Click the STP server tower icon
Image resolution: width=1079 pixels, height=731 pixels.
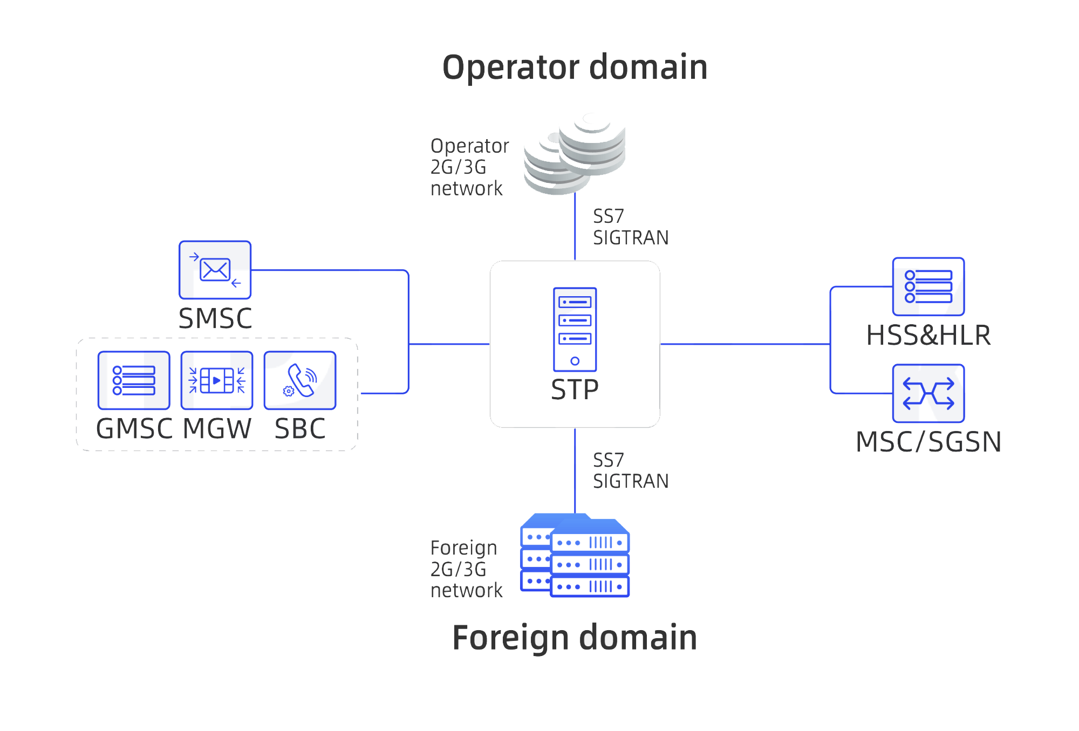tap(575, 329)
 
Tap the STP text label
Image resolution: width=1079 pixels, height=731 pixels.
tap(575, 390)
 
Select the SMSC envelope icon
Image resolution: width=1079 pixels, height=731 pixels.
tap(215, 270)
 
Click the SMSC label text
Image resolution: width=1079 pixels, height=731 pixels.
tap(215, 318)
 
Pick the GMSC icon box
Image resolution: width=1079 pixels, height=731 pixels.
tap(134, 380)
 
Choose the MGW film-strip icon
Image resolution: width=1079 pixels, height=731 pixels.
tap(217, 380)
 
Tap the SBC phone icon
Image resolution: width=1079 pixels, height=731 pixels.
tap(300, 380)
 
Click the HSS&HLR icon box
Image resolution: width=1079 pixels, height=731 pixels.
tap(928, 286)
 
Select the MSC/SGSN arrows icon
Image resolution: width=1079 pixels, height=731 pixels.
tap(928, 393)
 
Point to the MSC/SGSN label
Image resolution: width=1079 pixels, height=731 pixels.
tap(928, 442)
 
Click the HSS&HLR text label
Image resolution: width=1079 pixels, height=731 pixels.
tap(928, 335)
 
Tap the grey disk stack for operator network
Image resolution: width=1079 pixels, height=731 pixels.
tap(575, 154)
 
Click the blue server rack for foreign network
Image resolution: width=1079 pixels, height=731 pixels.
tap(575, 556)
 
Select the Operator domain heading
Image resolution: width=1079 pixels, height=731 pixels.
tap(575, 67)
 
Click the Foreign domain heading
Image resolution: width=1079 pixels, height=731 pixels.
tap(575, 638)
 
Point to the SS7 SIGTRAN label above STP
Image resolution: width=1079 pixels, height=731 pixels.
tap(630, 227)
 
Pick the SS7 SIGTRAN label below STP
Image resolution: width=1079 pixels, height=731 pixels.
tap(630, 470)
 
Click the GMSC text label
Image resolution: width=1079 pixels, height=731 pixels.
tap(134, 429)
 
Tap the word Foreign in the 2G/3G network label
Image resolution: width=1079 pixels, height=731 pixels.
tap(463, 548)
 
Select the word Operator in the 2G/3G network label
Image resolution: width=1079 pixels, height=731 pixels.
tap(469, 146)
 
